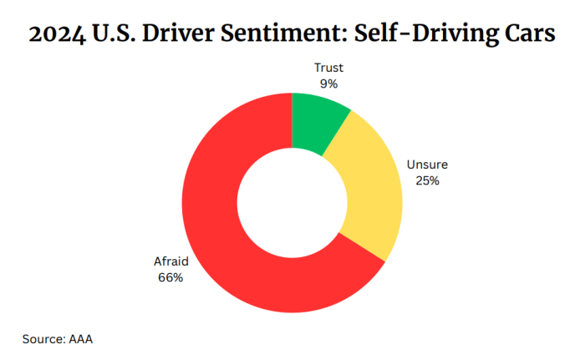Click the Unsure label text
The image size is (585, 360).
click(425, 165)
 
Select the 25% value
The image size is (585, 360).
click(425, 180)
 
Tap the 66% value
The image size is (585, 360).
click(170, 276)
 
